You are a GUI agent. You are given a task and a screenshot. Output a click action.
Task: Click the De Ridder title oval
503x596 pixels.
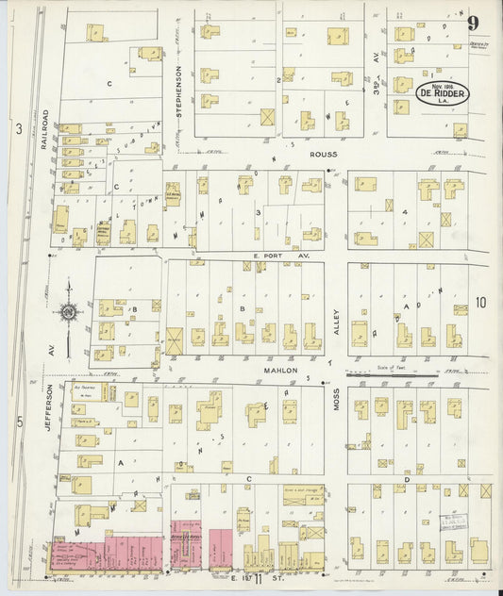point(443,95)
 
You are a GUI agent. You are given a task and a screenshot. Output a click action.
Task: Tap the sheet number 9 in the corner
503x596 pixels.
point(472,25)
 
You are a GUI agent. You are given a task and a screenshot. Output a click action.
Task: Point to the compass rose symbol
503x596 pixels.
point(69,310)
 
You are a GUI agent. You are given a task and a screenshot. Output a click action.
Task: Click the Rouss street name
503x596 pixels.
point(323,154)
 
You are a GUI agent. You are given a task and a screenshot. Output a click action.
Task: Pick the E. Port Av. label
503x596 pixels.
point(268,254)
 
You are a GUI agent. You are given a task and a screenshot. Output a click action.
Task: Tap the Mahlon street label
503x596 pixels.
point(280,371)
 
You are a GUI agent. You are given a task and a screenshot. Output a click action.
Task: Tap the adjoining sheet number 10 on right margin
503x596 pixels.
point(480,303)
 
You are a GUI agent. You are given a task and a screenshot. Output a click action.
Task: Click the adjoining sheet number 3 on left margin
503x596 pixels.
point(18,129)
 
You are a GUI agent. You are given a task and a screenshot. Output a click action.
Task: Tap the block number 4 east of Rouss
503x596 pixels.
point(403,213)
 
